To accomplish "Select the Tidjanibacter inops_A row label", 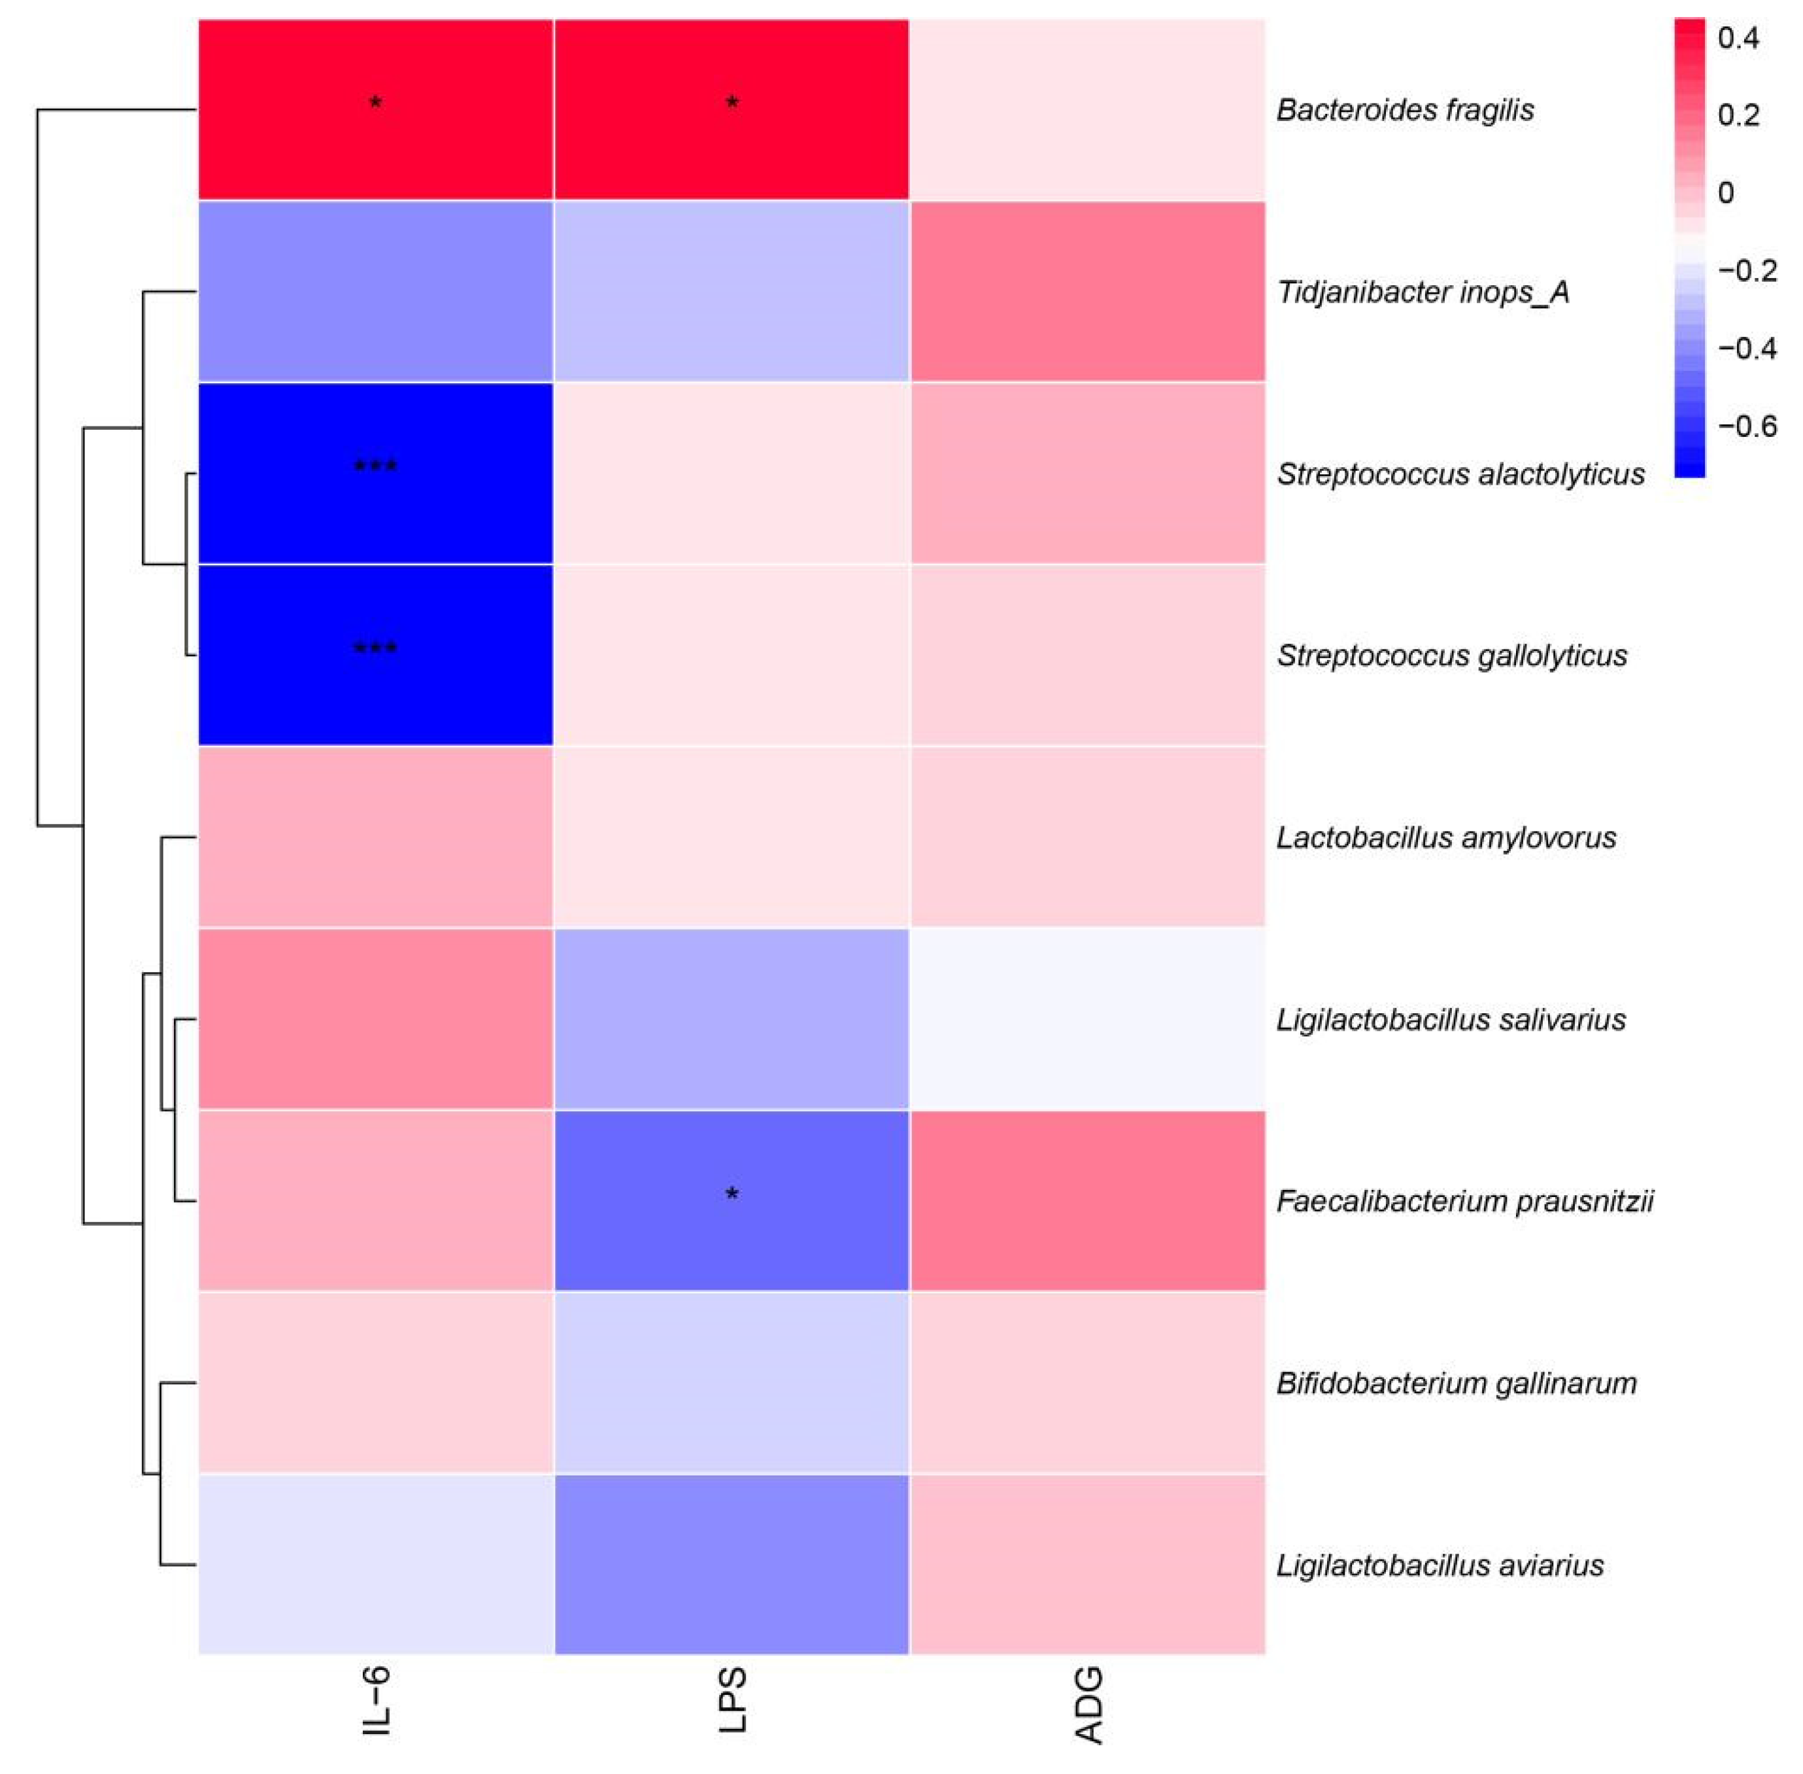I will [x=1422, y=292].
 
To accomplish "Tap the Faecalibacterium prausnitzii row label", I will [x=1464, y=1201].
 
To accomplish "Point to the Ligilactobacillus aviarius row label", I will [x=1439, y=1565].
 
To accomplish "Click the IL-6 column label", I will [x=375, y=1701].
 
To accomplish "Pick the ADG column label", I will [x=1088, y=1705].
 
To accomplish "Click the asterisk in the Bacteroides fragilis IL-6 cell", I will [x=375, y=103].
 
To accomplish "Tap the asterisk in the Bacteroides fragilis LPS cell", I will [x=732, y=103].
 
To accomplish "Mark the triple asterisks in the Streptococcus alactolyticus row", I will [x=375, y=466].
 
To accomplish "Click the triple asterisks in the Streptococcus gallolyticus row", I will [x=375, y=648].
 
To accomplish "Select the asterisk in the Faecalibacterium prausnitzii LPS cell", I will [x=732, y=1194].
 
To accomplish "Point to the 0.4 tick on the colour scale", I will [x=1738, y=39].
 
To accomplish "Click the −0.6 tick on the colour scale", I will [x=1747, y=426].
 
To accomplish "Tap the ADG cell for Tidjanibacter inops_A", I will [x=1088, y=292].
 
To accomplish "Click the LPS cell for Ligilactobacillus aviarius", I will [x=732, y=1565].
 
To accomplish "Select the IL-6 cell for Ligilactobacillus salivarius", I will [x=375, y=1018].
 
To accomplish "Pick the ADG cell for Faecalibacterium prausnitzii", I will [x=1088, y=1200].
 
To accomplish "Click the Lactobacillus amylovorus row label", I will [x=1445, y=838].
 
